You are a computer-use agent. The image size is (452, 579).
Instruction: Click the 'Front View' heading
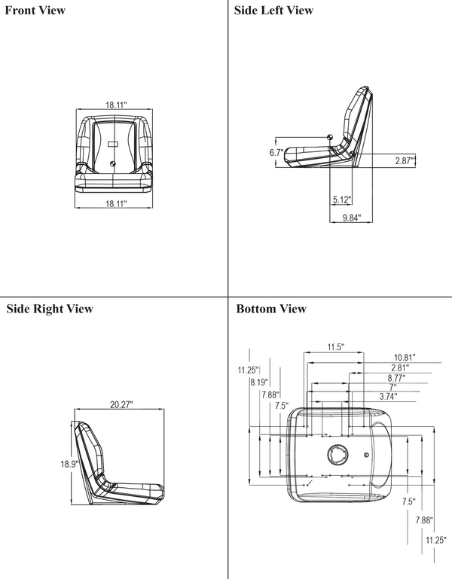(35, 11)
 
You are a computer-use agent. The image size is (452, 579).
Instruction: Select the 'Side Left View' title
(274, 11)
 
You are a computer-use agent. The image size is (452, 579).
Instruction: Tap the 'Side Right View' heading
(50, 309)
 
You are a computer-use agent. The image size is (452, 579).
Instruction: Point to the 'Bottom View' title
(271, 309)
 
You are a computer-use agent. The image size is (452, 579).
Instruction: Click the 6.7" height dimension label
(275, 152)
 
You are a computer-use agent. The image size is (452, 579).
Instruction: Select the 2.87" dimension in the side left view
(405, 160)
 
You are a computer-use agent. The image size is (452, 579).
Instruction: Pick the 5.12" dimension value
(342, 200)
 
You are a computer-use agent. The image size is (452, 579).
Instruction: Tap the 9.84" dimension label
(352, 218)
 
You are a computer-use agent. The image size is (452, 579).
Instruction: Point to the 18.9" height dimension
(69, 464)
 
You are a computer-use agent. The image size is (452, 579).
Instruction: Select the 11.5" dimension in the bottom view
(335, 347)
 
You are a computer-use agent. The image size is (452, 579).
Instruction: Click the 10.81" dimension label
(404, 357)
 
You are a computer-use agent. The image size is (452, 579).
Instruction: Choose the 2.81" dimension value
(399, 367)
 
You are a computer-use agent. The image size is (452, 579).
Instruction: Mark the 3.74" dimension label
(388, 396)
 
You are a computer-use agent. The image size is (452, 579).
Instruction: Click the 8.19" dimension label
(259, 382)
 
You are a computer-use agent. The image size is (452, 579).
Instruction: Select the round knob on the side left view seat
(330, 136)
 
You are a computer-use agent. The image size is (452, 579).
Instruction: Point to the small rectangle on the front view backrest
(112, 143)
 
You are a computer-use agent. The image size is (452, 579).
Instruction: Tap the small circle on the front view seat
(113, 163)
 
